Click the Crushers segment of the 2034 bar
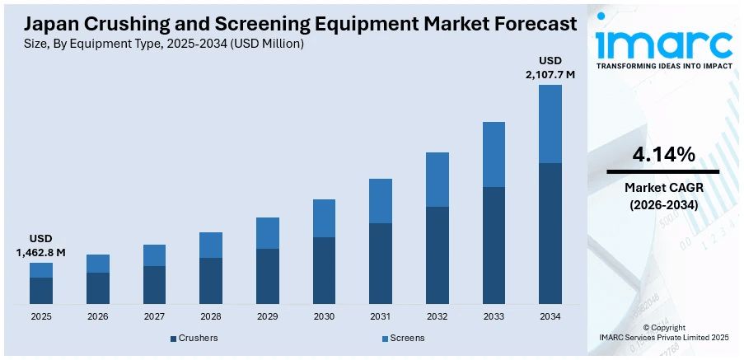coord(550,233)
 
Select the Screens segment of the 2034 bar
coord(550,124)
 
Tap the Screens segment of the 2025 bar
coord(41,270)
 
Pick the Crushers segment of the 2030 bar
coord(324,270)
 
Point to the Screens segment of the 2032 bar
coord(438,179)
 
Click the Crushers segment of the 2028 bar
coord(211,281)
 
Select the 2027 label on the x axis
coord(154,316)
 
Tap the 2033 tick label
coord(494,316)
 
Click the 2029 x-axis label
coord(267,316)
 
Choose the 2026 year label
coord(97,316)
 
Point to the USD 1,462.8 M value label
coord(40,245)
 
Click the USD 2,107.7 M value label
coord(550,68)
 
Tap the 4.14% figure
coord(663,154)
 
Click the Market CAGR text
coord(663,189)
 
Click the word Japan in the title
coord(50,24)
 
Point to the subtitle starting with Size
coord(164,44)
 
